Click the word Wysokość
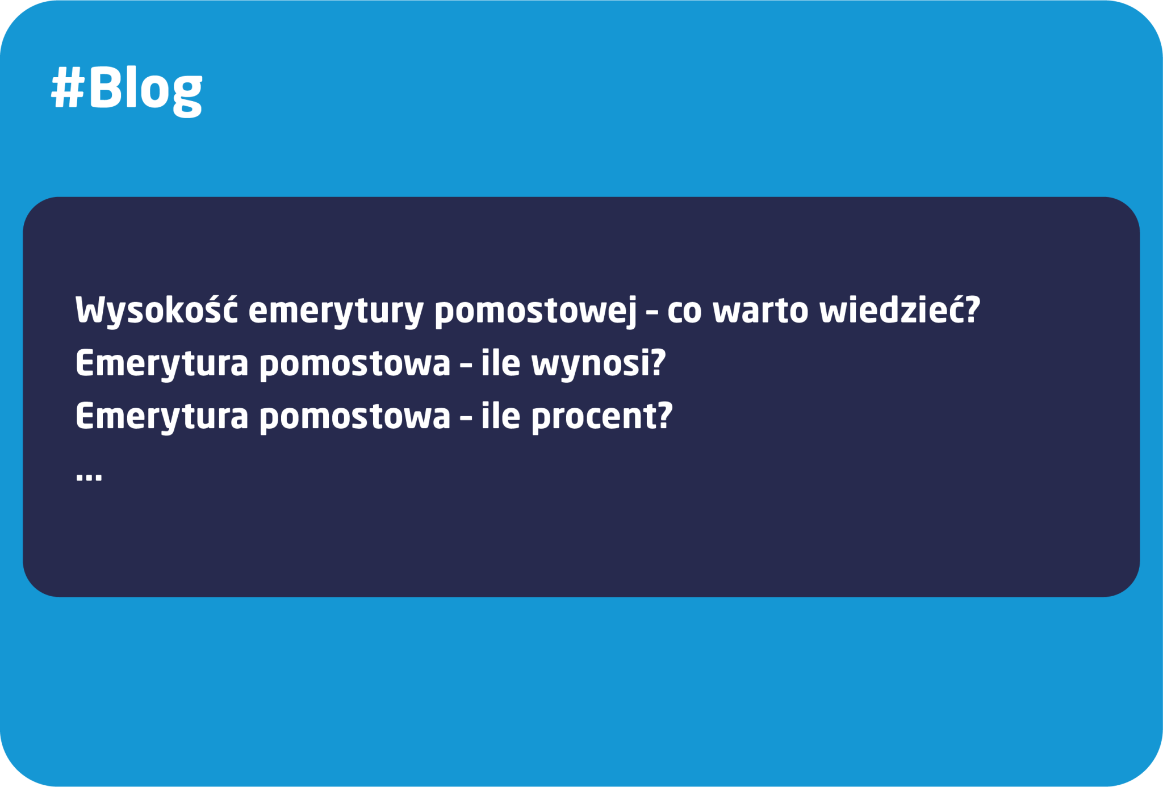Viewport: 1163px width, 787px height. (156, 311)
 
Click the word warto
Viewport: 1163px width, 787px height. (760, 311)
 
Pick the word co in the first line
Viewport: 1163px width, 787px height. (684, 312)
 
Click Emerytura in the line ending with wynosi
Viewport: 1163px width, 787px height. (162, 363)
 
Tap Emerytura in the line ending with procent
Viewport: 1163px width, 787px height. (162, 416)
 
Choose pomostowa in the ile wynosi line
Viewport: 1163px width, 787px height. (355, 364)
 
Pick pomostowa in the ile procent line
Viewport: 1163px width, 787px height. (355, 417)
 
